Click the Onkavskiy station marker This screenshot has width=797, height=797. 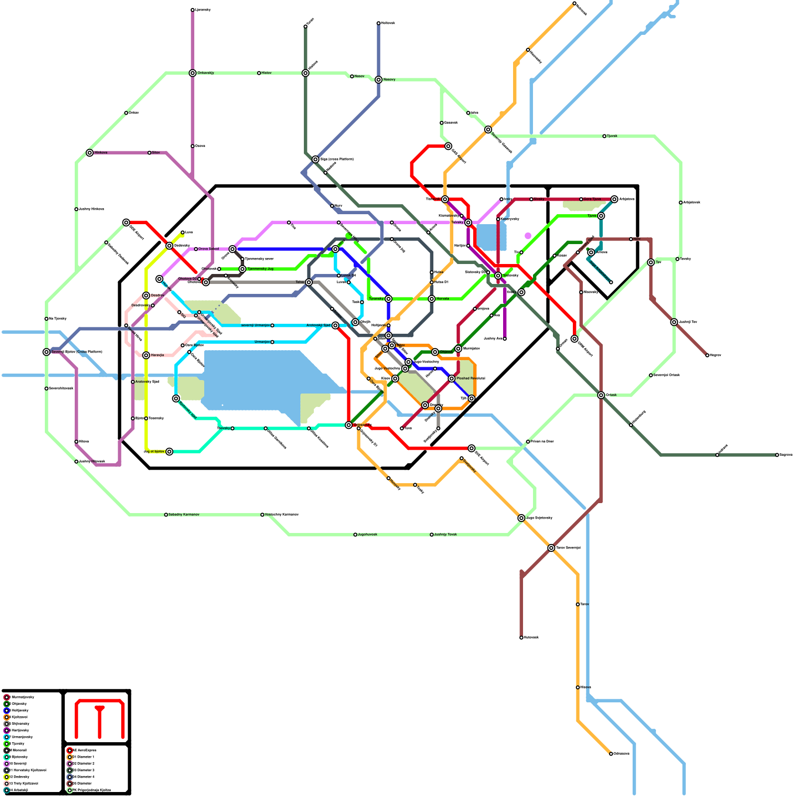(x=193, y=73)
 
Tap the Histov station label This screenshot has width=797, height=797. (x=266, y=73)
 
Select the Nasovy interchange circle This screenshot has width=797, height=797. (x=379, y=80)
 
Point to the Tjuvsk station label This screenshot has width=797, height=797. (x=612, y=136)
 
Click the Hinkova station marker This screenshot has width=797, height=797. (x=90, y=153)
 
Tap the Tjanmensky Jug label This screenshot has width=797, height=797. (x=260, y=269)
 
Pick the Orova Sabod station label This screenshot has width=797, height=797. (x=209, y=249)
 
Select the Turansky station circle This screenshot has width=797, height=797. (x=389, y=299)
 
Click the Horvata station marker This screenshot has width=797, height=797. (x=432, y=299)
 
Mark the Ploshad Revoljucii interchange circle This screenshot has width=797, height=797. (x=452, y=379)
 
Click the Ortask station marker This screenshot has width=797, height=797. (x=601, y=395)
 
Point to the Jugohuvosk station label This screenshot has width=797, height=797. (x=368, y=534)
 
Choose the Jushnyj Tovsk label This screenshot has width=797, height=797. (x=445, y=534)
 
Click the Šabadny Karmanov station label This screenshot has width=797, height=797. (x=184, y=515)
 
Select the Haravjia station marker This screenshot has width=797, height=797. (x=146, y=355)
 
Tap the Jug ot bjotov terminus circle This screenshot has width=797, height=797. (x=169, y=452)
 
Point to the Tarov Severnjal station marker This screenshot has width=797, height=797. (x=551, y=548)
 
